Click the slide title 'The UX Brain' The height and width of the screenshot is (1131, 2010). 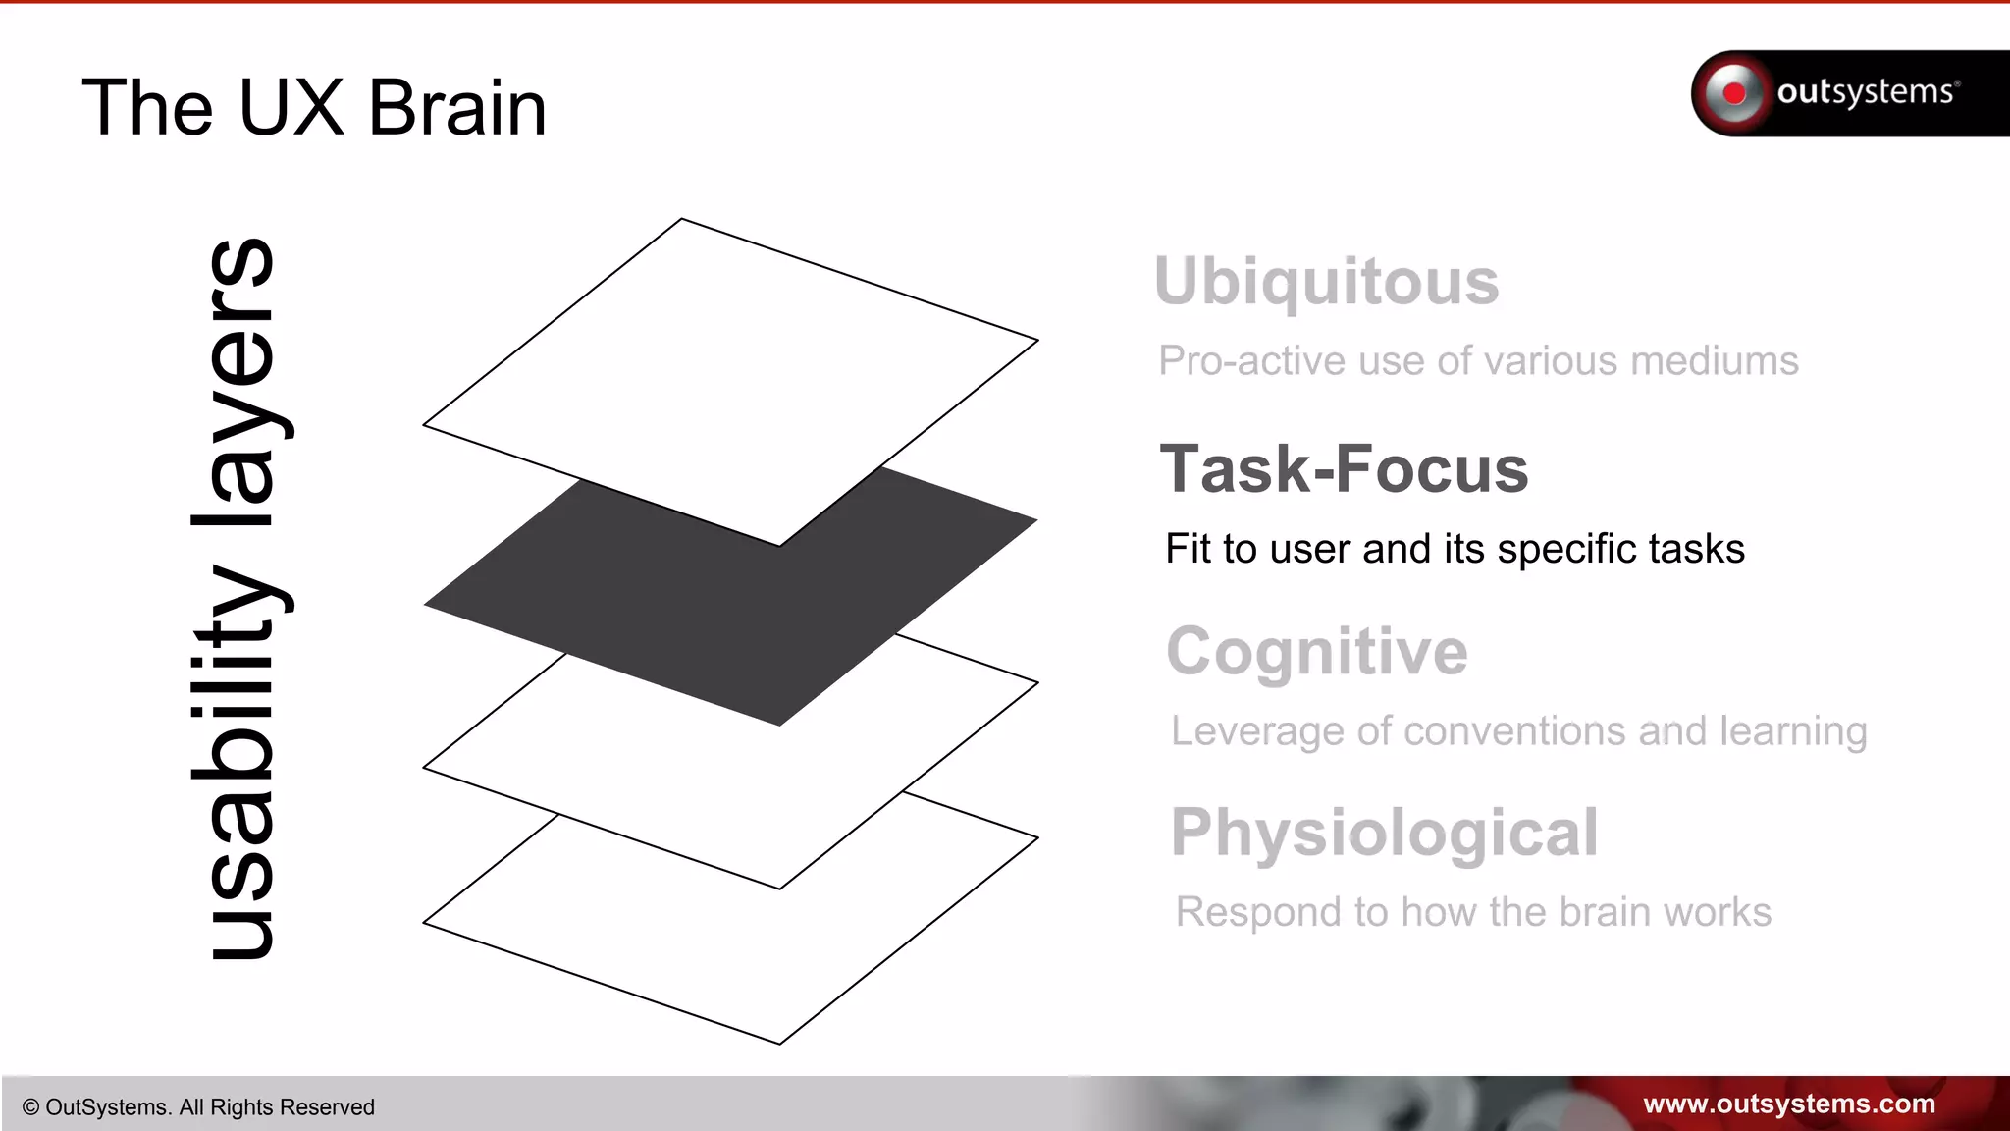point(314,108)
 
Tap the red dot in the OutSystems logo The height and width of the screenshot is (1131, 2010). point(1734,93)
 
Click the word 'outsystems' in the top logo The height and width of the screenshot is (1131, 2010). point(1865,92)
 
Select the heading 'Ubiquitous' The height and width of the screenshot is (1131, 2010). point(1327,282)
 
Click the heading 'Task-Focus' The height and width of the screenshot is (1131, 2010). point(1344,469)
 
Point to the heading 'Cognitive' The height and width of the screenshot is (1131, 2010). point(1317,652)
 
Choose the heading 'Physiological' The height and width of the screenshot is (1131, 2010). point(1385,834)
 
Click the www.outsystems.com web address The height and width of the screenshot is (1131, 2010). point(1789,1104)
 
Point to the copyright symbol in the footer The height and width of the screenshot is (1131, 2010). point(30,1107)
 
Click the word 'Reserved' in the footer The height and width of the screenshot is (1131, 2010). point(328,1107)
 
